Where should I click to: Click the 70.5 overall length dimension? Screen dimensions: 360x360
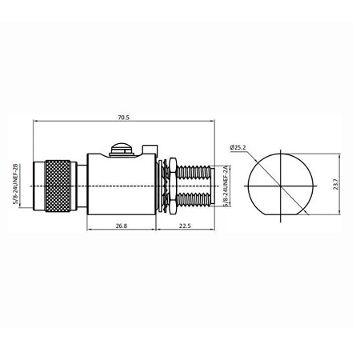123,118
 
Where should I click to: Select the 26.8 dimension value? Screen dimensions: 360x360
122,226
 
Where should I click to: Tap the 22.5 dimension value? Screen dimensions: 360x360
185,226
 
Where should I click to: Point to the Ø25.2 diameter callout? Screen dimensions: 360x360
238,147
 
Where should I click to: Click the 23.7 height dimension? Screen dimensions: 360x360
335,184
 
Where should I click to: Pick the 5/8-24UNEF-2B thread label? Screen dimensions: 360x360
15,184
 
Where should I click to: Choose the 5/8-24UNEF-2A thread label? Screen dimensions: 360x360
226,186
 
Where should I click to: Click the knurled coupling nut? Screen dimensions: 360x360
58,186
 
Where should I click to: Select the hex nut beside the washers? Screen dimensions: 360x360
173,186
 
